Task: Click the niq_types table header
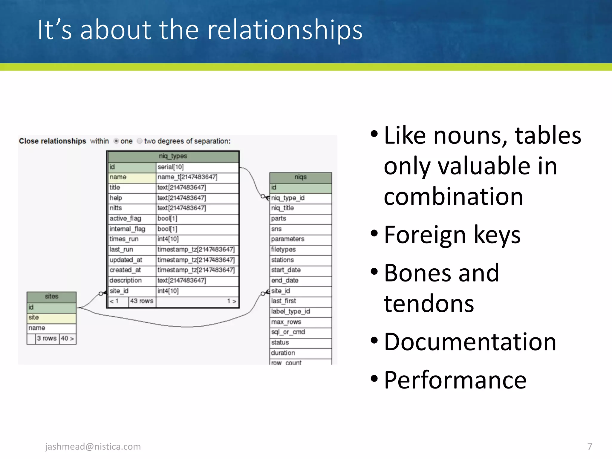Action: coord(173,156)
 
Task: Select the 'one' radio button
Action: coord(116,141)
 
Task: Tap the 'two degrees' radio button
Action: coord(140,141)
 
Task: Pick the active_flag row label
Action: coord(125,219)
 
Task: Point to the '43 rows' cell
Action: coord(142,301)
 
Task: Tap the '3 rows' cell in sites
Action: coord(47,339)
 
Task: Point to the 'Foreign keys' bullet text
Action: coord(452,235)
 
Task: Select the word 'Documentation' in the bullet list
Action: coord(470,342)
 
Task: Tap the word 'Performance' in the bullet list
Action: coord(455,380)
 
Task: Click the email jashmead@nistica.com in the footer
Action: coord(93,446)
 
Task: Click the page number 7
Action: coord(589,446)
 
